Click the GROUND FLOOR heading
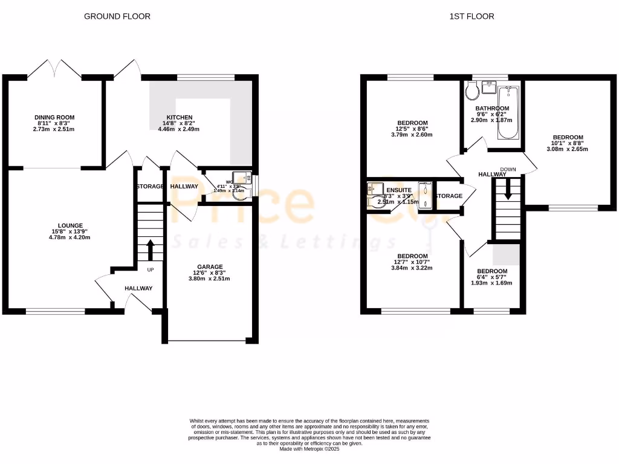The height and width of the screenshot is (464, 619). (117, 16)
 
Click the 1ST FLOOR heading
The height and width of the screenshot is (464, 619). (472, 16)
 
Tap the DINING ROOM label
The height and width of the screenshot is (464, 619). (54, 117)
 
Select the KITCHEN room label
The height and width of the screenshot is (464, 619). (180, 117)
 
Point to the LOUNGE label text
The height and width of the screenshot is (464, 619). (70, 225)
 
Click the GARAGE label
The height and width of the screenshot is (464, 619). (210, 266)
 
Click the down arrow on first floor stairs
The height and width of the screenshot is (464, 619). (508, 192)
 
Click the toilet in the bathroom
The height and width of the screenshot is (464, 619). (472, 92)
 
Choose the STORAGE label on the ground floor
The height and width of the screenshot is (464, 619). (150, 187)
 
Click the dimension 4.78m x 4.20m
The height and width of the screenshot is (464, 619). (70, 237)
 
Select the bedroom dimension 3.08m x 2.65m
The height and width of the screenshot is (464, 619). (567, 149)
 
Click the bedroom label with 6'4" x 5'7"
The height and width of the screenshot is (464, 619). (491, 271)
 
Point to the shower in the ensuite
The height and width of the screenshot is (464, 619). (426, 196)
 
